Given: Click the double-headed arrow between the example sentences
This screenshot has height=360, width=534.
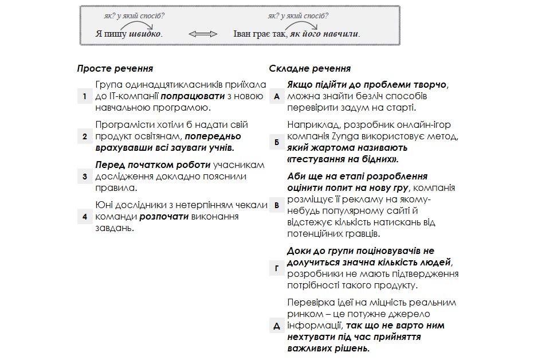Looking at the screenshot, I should click(x=203, y=34).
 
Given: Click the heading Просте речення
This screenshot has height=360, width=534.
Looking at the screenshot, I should click(x=115, y=69).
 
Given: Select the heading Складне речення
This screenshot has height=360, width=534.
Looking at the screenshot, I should click(x=310, y=69).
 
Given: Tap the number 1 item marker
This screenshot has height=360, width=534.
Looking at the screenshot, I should click(x=84, y=96).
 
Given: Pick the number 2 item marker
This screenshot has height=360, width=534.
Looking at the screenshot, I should click(x=84, y=136).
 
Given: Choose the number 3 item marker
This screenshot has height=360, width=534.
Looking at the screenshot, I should click(x=84, y=177).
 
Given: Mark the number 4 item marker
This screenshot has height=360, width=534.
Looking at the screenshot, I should click(x=84, y=217).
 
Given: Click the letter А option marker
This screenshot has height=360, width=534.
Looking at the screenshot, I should click(x=277, y=96).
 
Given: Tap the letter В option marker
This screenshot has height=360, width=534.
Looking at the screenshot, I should click(x=277, y=205).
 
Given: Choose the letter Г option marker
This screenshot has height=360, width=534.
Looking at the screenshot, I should click(x=277, y=268).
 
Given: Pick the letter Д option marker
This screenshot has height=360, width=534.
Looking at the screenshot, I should click(x=277, y=326).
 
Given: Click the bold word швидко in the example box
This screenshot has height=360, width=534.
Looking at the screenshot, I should click(x=145, y=34).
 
